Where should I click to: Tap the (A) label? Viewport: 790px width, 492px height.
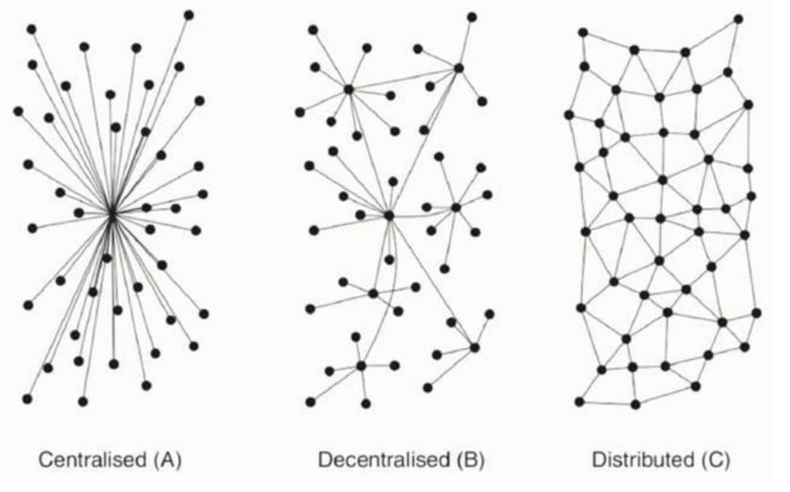pyautogui.click(x=167, y=460)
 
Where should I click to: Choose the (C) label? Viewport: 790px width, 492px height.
pyautogui.click(x=715, y=460)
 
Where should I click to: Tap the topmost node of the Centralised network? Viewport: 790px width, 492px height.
pyautogui.click(x=189, y=15)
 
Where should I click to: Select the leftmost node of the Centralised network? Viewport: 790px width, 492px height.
pyautogui.click(x=19, y=111)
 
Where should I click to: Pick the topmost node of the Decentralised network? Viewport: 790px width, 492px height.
pyautogui.click(x=472, y=17)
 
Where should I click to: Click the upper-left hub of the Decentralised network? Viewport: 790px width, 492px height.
pyautogui.click(x=349, y=90)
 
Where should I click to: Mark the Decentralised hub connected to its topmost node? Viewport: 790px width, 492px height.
pyautogui.click(x=458, y=67)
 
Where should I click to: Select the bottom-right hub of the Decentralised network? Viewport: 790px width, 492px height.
pyautogui.click(x=475, y=347)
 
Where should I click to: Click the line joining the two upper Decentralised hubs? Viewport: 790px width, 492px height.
pyautogui.click(x=404, y=78)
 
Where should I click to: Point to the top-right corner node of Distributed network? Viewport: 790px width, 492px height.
pyautogui.click(x=738, y=19)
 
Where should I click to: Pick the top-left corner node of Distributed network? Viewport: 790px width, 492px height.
pyautogui.click(x=583, y=33)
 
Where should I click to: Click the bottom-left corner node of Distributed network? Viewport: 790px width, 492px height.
pyautogui.click(x=580, y=402)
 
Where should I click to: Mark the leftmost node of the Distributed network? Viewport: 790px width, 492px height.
pyautogui.click(x=569, y=115)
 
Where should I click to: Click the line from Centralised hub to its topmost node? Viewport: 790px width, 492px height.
pyautogui.click(x=150, y=115)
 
